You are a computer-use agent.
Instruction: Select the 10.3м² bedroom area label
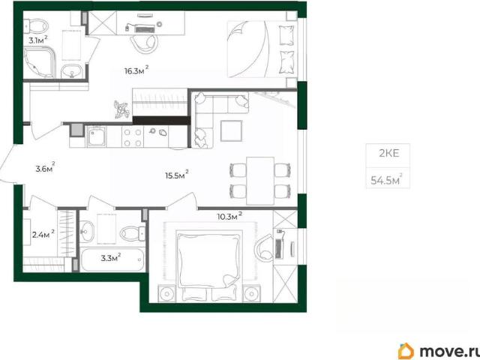(229, 216)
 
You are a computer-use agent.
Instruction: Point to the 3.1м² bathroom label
(38, 40)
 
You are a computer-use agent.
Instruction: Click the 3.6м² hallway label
(45, 167)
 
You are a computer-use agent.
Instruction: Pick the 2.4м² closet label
(43, 234)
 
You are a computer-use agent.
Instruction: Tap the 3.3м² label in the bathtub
(111, 258)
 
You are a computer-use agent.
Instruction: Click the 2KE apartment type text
(389, 153)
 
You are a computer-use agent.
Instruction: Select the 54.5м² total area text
(386, 179)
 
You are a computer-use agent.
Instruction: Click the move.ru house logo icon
(406, 351)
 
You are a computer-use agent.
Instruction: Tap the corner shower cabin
(40, 62)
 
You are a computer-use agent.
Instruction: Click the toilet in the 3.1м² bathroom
(36, 25)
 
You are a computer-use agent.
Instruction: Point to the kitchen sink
(97, 136)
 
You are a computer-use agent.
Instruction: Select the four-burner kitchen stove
(133, 137)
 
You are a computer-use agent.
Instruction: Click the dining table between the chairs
(260, 181)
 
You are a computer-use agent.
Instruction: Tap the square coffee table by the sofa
(232, 130)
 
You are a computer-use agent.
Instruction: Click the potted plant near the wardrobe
(121, 109)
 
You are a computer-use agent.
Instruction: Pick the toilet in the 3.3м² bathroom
(133, 233)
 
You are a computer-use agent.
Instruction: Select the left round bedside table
(167, 294)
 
